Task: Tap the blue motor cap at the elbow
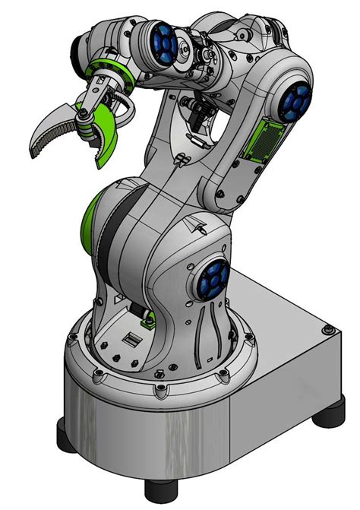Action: pos(295,99)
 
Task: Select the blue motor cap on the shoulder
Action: pos(212,279)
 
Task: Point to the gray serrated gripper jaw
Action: pos(53,128)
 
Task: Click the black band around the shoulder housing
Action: pos(110,243)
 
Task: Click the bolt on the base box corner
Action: pos(327,330)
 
